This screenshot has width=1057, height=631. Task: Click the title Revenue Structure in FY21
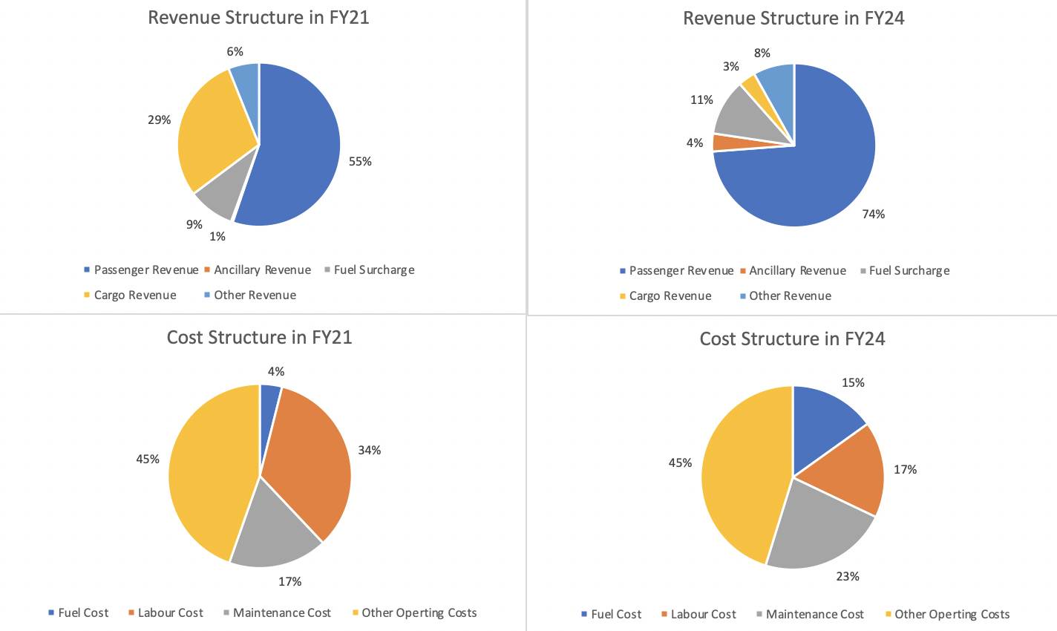258,18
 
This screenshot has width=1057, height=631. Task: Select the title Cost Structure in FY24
792,339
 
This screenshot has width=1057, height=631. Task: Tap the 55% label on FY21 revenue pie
360,162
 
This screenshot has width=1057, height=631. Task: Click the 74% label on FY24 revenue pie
873,215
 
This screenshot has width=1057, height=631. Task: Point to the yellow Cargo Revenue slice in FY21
212,137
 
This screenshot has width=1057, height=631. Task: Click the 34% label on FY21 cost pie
369,451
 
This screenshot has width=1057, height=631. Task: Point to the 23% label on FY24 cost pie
848,577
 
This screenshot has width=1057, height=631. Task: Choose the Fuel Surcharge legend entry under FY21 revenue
373,270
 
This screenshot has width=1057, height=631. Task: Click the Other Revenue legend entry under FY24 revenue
790,296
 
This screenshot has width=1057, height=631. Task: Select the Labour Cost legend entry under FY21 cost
170,613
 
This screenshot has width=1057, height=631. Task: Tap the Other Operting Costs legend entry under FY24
952,615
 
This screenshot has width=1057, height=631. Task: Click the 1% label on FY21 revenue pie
217,237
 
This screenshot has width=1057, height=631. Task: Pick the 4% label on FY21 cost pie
276,372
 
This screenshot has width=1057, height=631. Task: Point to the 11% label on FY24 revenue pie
701,100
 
